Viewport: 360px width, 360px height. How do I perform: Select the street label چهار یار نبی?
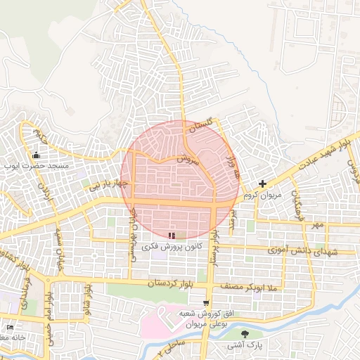coord(106,184)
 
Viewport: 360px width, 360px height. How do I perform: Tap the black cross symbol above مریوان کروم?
coord(262,184)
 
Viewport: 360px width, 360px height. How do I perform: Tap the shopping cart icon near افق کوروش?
coord(205,303)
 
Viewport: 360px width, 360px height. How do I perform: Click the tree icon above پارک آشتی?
coord(244,334)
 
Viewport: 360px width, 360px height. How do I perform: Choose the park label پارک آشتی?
coord(244,345)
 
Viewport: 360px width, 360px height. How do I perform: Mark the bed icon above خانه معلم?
coord(10,328)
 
